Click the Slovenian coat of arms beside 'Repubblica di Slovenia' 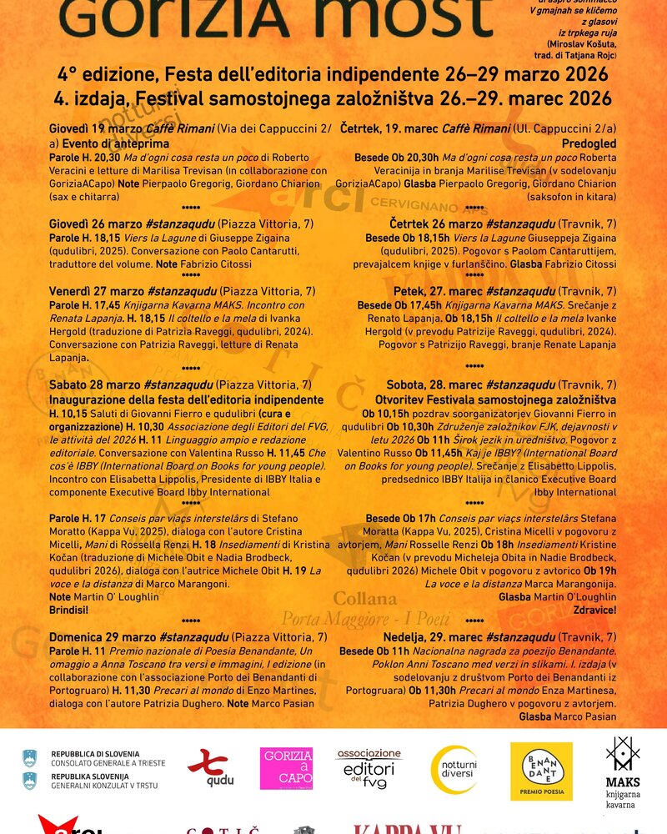(x=31, y=758)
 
